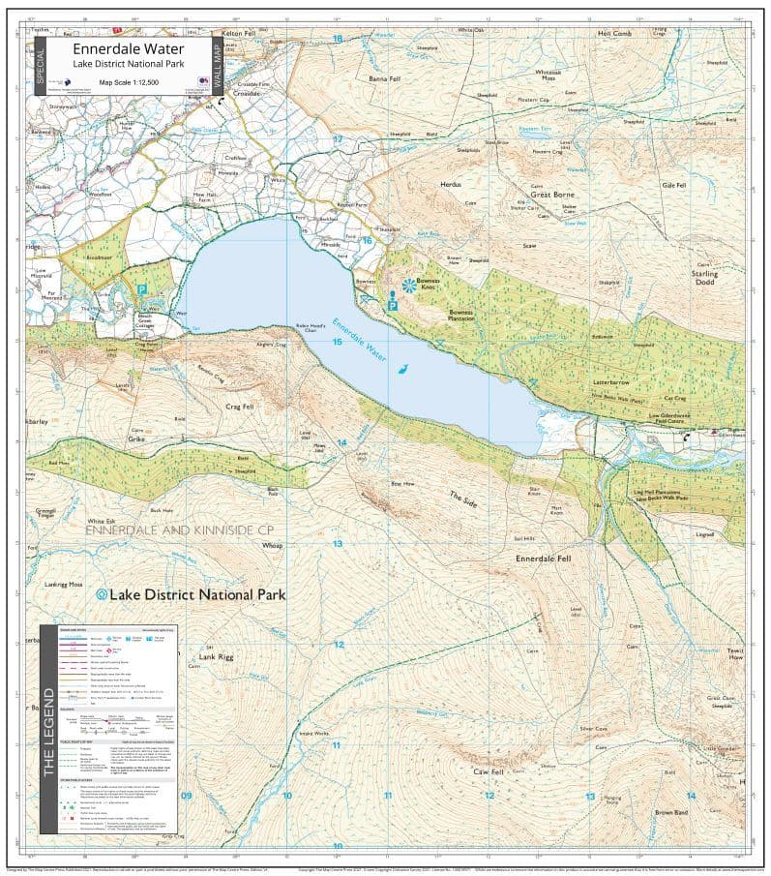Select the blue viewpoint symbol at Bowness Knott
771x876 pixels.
point(409,286)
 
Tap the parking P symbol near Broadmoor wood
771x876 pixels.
point(141,288)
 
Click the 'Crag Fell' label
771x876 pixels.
point(239,407)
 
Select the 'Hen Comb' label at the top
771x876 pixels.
point(614,34)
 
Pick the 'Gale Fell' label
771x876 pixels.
point(673,185)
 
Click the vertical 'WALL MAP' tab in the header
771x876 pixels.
point(218,65)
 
